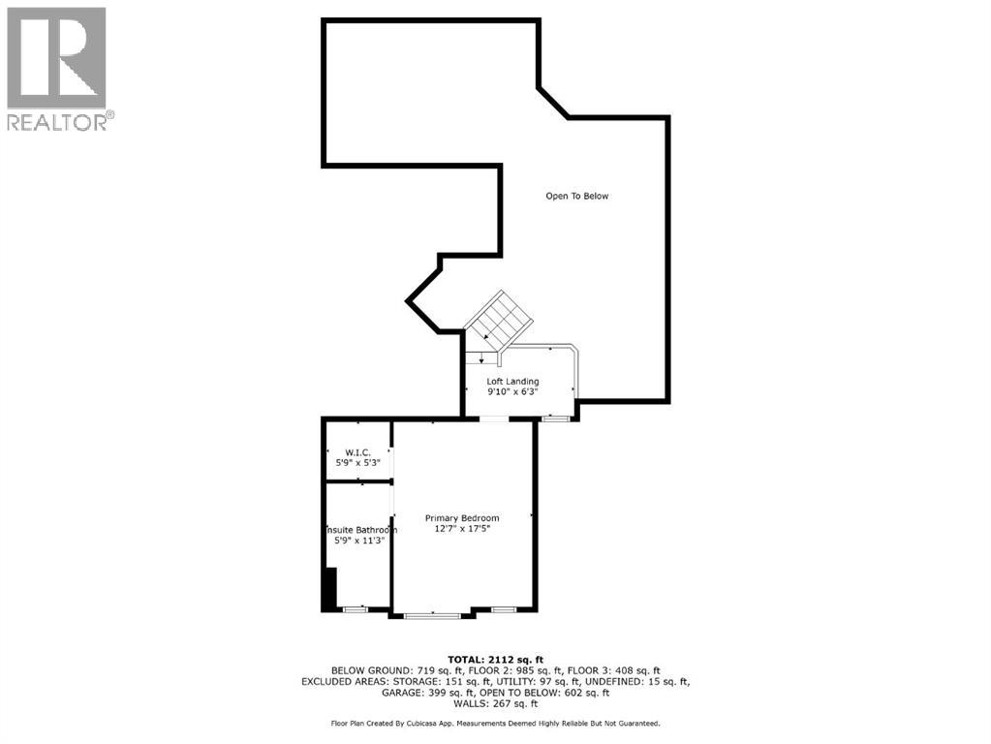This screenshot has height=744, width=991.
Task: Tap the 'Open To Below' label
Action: click(576, 196)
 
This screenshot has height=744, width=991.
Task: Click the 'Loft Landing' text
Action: click(512, 382)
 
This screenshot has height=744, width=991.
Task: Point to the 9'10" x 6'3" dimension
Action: click(512, 392)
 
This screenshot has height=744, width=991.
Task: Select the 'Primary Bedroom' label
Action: click(462, 518)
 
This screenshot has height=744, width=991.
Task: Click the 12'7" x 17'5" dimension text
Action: click(462, 529)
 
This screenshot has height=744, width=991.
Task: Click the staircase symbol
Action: click(499, 319)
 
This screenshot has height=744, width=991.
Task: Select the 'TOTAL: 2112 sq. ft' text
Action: click(495, 657)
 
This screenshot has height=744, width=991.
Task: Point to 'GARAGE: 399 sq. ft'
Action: click(429, 693)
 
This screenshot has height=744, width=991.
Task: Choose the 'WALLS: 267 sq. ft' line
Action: click(495, 704)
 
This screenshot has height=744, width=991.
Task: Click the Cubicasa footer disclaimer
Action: click(495, 724)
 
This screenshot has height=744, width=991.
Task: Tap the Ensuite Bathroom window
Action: click(354, 608)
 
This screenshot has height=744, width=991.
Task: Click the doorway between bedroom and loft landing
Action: click(493, 418)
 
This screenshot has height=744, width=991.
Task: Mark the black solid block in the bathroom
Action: click(329, 587)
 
